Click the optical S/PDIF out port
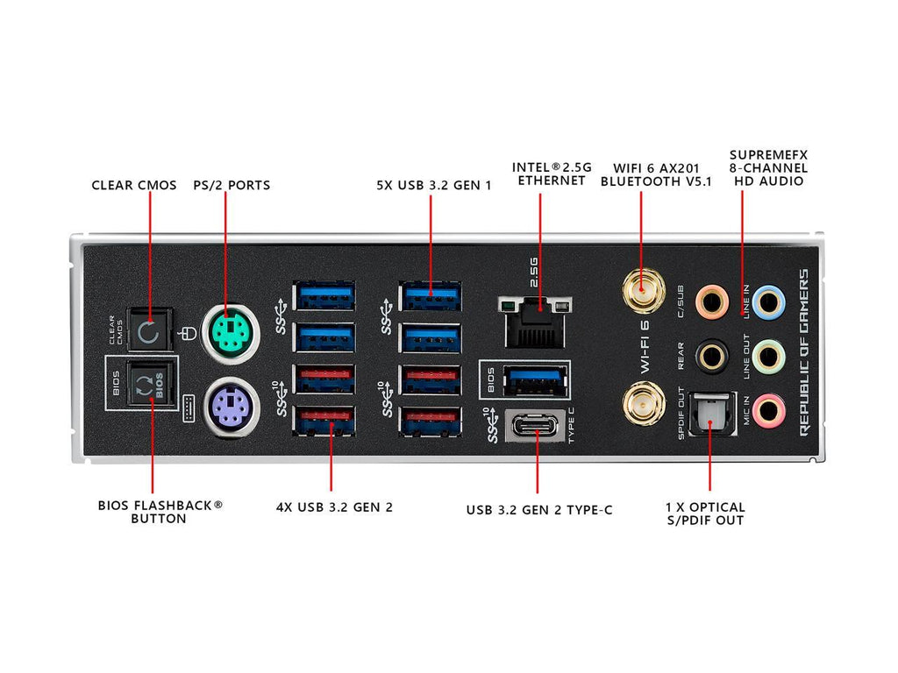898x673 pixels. tap(710, 411)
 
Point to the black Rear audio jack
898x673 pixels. tap(711, 355)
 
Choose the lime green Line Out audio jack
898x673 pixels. tap(769, 355)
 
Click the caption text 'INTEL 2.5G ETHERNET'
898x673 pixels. tap(551, 174)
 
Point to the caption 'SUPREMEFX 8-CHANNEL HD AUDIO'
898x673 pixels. tap(768, 168)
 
